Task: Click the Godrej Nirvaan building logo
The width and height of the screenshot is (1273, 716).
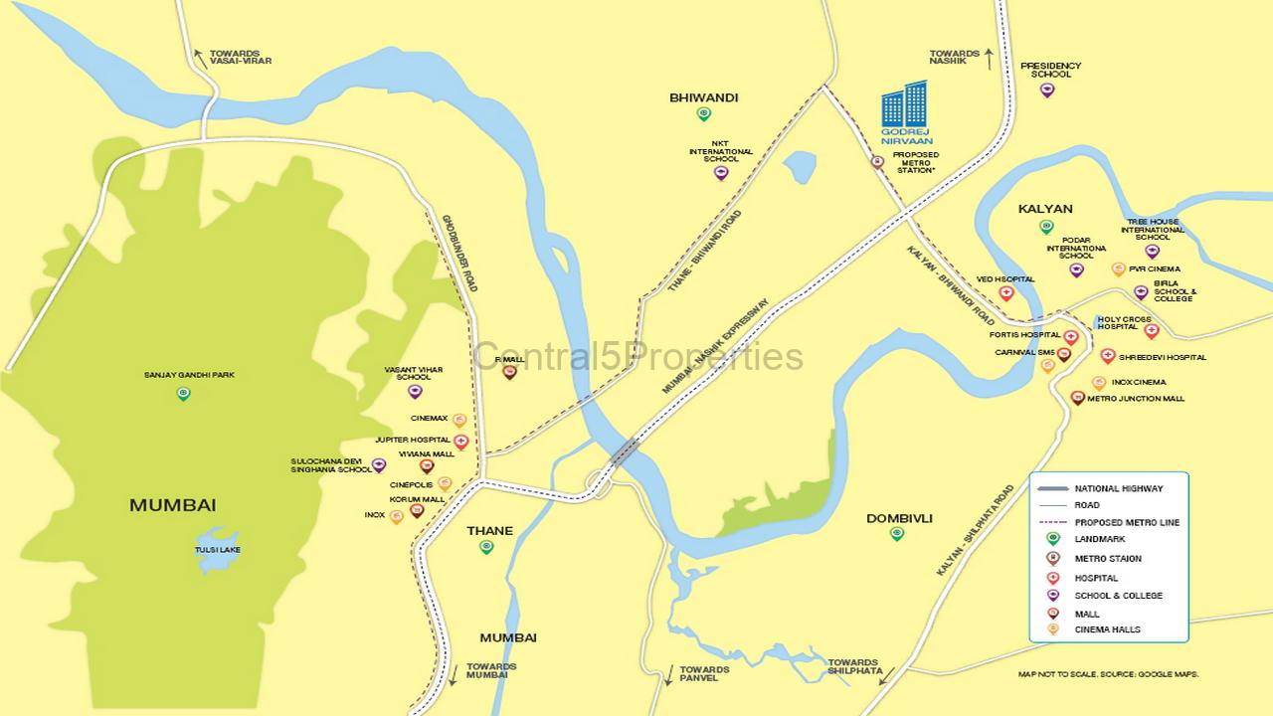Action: [x=904, y=107]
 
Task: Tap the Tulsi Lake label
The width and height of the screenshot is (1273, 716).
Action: [x=217, y=550]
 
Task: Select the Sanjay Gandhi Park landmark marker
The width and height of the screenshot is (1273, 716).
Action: [x=183, y=394]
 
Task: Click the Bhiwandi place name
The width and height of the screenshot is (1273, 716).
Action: [x=703, y=97]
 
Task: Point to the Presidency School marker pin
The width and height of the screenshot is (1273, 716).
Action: [x=1047, y=90]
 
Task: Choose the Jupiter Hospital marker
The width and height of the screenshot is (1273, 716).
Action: [x=460, y=442]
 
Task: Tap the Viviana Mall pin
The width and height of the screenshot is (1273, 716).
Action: [x=427, y=465]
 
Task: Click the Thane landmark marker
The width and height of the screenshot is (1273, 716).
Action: [x=486, y=546]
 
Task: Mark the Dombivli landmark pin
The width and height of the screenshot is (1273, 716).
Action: [x=897, y=534]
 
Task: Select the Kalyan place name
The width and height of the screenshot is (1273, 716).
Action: [x=1045, y=209]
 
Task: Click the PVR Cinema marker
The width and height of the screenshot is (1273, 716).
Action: [x=1119, y=268]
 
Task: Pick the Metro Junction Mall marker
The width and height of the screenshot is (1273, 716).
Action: [x=1077, y=398]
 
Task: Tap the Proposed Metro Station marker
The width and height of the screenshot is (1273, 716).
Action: [x=877, y=162]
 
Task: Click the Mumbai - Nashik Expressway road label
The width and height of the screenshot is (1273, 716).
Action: [x=715, y=346]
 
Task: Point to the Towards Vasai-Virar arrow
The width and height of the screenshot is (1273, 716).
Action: [x=200, y=58]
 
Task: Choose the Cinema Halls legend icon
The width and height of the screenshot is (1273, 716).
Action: [x=1053, y=629]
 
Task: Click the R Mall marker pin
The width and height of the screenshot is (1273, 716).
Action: [x=509, y=372]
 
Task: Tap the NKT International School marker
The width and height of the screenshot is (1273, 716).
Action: [x=721, y=173]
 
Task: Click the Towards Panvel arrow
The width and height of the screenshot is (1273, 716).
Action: [x=668, y=673]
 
